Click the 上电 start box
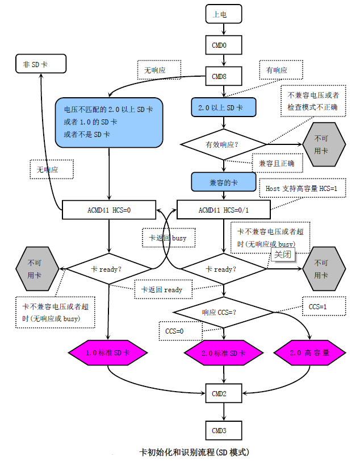click(x=224, y=14)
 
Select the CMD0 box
click(x=224, y=45)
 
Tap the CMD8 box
click(x=224, y=76)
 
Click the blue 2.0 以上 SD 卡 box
click(x=224, y=107)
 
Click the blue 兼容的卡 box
click(x=224, y=182)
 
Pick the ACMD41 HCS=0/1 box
click(x=224, y=210)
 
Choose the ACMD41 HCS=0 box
click(x=108, y=210)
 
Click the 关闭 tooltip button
click(x=282, y=254)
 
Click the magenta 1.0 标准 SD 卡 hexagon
click(x=108, y=353)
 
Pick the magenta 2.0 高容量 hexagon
click(x=309, y=353)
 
